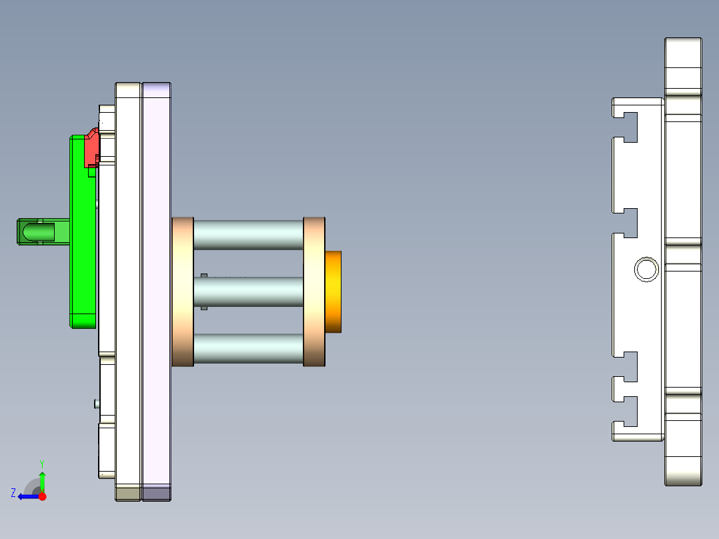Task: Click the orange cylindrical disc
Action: [333, 292]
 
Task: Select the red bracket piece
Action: [91, 149]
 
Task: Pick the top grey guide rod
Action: [248, 234]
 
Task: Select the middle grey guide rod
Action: [248, 292]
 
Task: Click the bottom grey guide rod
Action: [248, 348]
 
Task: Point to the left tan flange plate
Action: [183, 292]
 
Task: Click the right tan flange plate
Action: [314, 292]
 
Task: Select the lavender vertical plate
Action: [157, 292]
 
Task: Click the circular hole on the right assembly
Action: [646, 269]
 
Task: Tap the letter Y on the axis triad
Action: [41, 462]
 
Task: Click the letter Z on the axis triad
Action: [13, 493]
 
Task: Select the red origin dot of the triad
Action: [43, 496]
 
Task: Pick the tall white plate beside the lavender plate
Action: [128, 292]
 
